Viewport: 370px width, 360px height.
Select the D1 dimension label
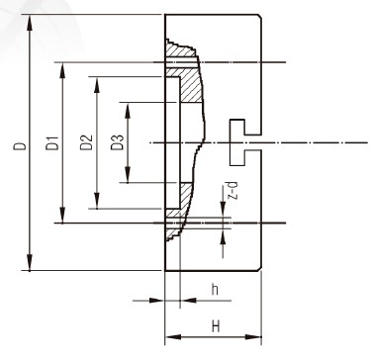[51, 142]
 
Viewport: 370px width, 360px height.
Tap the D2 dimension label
[86, 142]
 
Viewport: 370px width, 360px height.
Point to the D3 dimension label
[117, 142]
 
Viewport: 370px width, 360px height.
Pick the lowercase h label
[215, 290]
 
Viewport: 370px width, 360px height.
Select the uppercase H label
[216, 326]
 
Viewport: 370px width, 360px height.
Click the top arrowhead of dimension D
[30, 23]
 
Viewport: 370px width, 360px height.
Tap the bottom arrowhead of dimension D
[30, 263]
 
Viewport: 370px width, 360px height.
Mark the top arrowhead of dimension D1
[62, 70]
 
